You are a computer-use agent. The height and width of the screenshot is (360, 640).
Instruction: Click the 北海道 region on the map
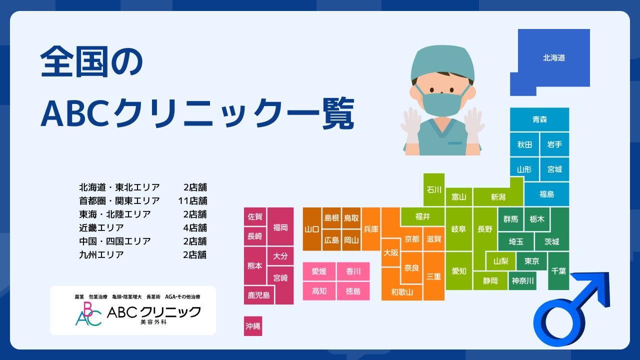[x=553, y=58]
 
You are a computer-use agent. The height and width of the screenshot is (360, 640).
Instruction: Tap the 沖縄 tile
[x=253, y=326]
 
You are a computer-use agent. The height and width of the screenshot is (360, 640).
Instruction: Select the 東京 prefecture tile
[x=531, y=261]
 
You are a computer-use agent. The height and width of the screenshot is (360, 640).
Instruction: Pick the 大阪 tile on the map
[x=391, y=253]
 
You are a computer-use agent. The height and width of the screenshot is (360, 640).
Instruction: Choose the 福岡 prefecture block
[x=280, y=227]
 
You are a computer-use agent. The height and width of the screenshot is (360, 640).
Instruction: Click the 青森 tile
[x=539, y=119]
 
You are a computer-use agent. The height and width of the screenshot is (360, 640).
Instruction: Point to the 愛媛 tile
[x=319, y=271]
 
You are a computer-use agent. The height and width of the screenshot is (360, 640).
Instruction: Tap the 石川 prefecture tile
[x=433, y=189]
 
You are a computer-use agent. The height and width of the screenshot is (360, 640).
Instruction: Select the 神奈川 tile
[x=522, y=281]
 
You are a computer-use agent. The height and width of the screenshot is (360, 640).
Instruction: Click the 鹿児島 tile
[x=259, y=295]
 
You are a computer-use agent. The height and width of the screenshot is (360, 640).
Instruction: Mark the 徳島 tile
[x=353, y=291]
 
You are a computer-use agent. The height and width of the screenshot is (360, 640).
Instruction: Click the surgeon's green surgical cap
[x=442, y=62]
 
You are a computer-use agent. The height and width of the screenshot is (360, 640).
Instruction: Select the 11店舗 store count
[x=192, y=201]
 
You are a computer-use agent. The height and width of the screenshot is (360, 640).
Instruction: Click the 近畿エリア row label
[x=101, y=227]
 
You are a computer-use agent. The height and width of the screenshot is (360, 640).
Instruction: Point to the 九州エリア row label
[x=101, y=254]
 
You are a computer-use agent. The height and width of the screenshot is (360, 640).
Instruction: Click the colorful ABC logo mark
[x=88, y=314]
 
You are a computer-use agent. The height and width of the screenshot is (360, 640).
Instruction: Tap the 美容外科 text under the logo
[x=153, y=322]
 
